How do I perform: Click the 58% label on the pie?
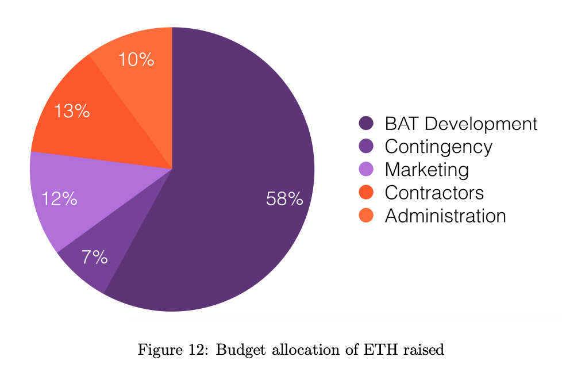284,199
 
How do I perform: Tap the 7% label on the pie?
94,256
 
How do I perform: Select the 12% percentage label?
59,199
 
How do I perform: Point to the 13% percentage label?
72,110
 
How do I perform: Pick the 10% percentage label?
136,59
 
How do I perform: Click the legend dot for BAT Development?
366,124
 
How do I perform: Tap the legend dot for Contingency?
366,147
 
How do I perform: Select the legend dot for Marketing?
366,170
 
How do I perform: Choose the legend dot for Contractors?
366,193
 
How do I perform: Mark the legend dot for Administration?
366,216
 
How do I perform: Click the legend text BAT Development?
461,124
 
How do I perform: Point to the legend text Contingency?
438,147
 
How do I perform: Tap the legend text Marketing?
426,170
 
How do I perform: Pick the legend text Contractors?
434,193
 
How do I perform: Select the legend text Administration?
445,216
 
